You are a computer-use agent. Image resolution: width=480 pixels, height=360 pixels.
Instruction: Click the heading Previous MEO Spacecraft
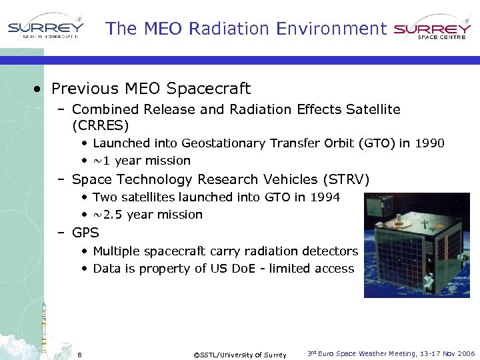tap(151, 89)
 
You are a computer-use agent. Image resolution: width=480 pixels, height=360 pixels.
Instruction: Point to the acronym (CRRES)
tap(100, 125)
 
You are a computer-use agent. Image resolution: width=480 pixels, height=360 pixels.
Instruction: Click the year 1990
tap(430, 143)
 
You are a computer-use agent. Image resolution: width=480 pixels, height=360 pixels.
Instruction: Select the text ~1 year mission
tap(141, 161)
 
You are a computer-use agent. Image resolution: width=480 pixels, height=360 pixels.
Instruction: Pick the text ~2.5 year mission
tap(147, 215)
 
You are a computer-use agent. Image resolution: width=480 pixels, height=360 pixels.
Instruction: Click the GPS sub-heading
tap(85, 233)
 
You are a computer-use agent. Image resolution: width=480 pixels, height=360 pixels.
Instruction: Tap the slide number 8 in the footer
tap(79, 354)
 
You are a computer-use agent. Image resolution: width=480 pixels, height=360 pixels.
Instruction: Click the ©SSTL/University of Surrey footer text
tap(239, 355)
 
